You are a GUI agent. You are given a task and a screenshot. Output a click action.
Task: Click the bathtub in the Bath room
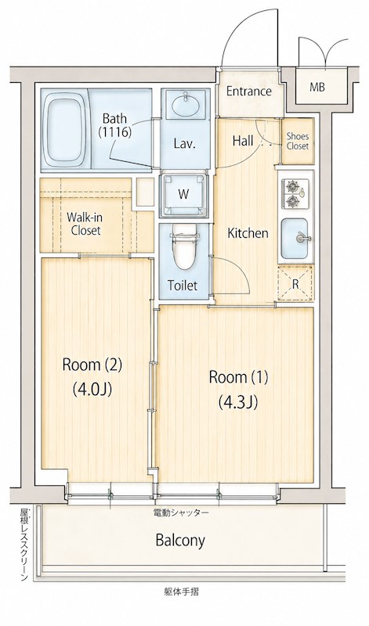point(64,130)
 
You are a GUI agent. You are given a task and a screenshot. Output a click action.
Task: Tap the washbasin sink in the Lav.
point(186,106)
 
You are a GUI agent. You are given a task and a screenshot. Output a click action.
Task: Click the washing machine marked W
point(183,194)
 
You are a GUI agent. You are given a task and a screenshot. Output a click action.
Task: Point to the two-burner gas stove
point(295,193)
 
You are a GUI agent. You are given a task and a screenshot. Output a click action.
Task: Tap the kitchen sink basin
point(295,239)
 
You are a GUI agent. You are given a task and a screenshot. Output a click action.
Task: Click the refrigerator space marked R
point(295,284)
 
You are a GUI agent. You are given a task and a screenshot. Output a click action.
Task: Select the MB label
point(317,87)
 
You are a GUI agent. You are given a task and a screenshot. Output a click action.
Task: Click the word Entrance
point(248,92)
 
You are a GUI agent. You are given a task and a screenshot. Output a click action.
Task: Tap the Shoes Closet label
point(298,142)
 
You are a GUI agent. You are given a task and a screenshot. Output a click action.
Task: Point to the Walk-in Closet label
point(84,224)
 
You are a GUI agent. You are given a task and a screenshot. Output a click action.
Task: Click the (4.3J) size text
point(238,403)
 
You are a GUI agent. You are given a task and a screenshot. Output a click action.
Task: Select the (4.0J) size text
point(92,388)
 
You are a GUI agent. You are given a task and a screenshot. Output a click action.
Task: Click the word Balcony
point(180,541)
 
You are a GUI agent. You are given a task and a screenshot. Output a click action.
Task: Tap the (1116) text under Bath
point(115,132)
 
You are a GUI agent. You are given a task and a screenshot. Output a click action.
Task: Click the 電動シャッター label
point(181,513)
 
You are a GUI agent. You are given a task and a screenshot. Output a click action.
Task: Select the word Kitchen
point(248,233)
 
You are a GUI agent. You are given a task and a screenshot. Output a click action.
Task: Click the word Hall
point(243,141)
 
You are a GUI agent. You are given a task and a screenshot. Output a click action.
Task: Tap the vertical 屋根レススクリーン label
point(24,544)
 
